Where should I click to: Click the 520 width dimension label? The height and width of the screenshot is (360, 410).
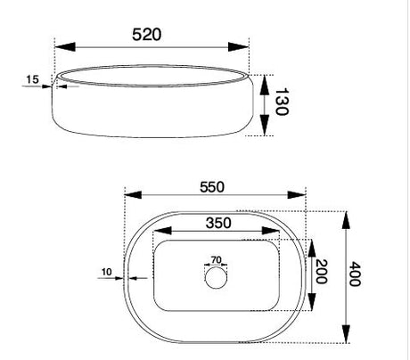[x=147, y=35]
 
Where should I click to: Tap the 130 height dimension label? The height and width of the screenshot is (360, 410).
[x=281, y=102]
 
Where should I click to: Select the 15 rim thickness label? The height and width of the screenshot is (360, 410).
[x=32, y=79]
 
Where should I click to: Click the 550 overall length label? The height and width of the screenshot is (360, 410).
[x=212, y=187]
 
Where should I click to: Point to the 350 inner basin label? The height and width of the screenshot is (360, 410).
[x=218, y=223]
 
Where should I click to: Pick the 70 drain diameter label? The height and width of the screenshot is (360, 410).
[x=216, y=260]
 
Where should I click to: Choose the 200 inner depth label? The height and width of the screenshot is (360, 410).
[x=321, y=272]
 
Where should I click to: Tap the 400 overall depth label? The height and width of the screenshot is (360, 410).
[x=355, y=274]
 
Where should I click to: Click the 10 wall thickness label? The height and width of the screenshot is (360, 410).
[x=107, y=272]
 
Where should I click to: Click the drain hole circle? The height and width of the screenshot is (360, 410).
[x=216, y=278]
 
